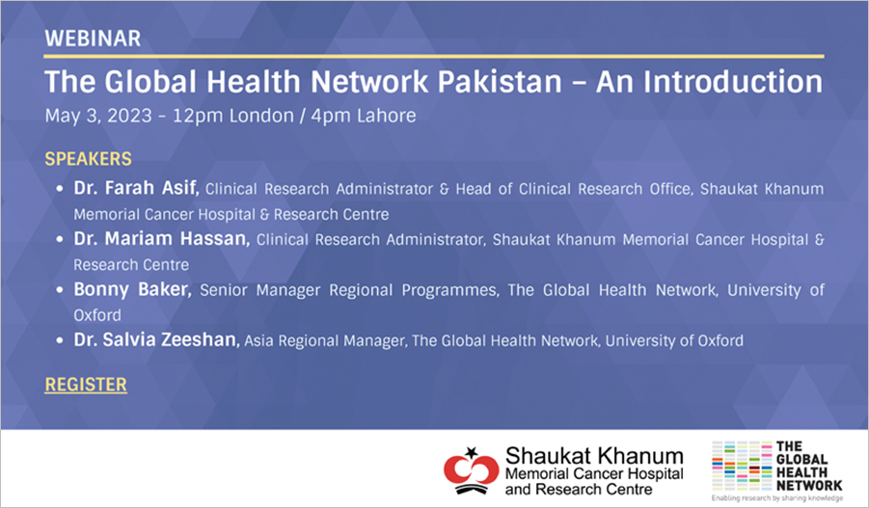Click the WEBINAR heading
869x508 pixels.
[93, 39]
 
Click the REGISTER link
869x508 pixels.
[86, 385]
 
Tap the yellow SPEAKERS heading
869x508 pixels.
[88, 159]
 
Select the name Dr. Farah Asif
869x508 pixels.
[136, 188]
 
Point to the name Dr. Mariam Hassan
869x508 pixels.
[161, 239]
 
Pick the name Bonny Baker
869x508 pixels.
[132, 290]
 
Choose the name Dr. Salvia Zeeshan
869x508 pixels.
[156, 339]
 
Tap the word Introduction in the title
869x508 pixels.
[733, 82]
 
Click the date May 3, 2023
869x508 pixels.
[98, 116]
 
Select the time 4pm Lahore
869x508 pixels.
[363, 116]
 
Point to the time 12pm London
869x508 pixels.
[232, 116]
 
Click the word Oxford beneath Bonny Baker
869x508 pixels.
[97, 315]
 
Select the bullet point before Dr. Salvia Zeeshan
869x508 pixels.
[59, 340]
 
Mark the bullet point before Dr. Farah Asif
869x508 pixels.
[59, 189]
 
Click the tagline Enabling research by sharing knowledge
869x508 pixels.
[777, 498]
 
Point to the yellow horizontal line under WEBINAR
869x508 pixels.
[434, 57]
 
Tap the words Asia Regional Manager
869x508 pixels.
[324, 340]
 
